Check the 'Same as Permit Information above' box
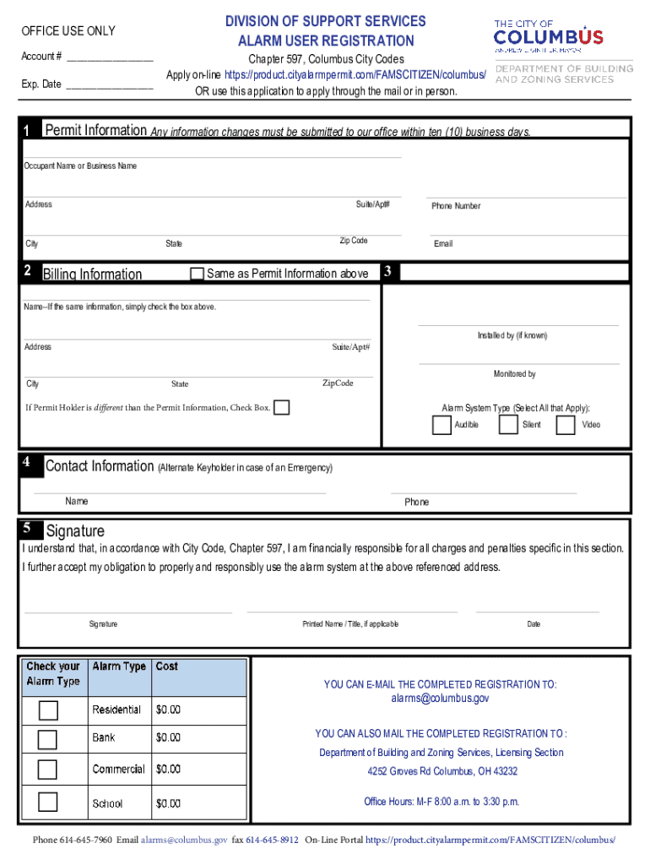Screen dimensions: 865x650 point(198,274)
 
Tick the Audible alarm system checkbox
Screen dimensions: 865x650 point(441,425)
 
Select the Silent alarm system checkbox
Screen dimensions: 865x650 point(507,425)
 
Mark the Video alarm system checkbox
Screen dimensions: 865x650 point(566,425)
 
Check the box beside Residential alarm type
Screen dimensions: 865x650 point(48,710)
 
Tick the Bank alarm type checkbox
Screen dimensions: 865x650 point(48,739)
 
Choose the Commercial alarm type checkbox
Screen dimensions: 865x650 point(48,770)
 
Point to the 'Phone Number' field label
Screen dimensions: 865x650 point(456,206)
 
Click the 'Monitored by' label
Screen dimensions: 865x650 point(515,374)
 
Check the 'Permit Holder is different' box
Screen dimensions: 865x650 point(282,408)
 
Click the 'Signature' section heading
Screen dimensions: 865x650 point(75,531)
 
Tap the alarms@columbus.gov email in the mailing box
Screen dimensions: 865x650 point(440,699)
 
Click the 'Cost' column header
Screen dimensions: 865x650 point(167,666)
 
